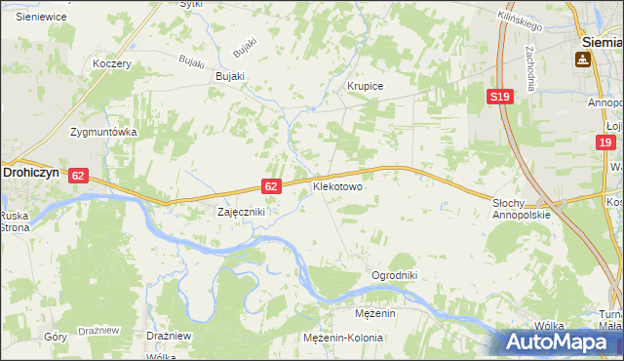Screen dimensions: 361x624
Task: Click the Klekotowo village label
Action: [x=337, y=184]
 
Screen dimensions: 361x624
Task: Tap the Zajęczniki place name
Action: [x=240, y=211]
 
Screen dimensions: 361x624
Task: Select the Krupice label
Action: [x=366, y=86]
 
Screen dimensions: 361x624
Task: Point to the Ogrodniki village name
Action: [x=394, y=275]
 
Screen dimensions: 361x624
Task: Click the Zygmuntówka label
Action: [x=102, y=131]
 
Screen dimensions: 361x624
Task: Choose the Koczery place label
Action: [x=111, y=63]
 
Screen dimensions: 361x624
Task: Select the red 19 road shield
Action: [x=606, y=143]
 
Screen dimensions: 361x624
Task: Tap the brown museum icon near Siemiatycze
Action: [x=583, y=60]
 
